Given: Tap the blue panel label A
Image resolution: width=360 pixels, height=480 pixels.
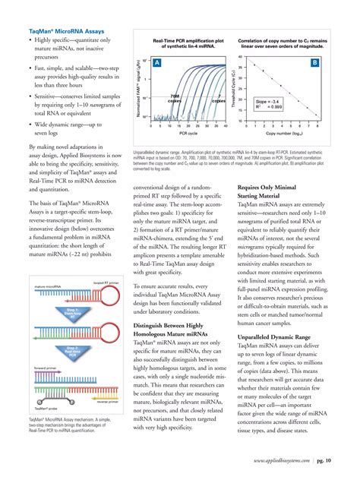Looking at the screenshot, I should [156, 65].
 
